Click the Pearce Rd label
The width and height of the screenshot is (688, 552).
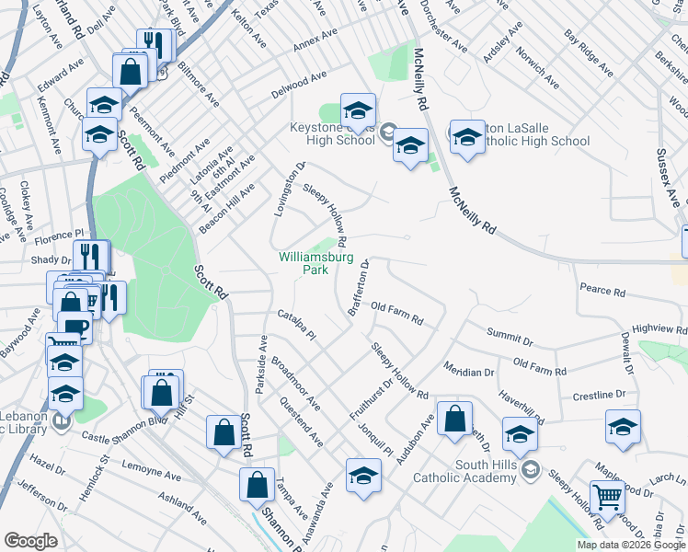click(602, 292)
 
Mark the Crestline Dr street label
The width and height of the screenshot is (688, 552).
click(598, 395)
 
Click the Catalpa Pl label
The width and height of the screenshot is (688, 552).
click(295, 324)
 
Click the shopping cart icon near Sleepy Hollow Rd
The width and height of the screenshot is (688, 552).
click(607, 497)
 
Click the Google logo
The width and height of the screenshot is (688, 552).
click(30, 541)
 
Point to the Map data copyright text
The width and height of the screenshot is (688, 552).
click(630, 544)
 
